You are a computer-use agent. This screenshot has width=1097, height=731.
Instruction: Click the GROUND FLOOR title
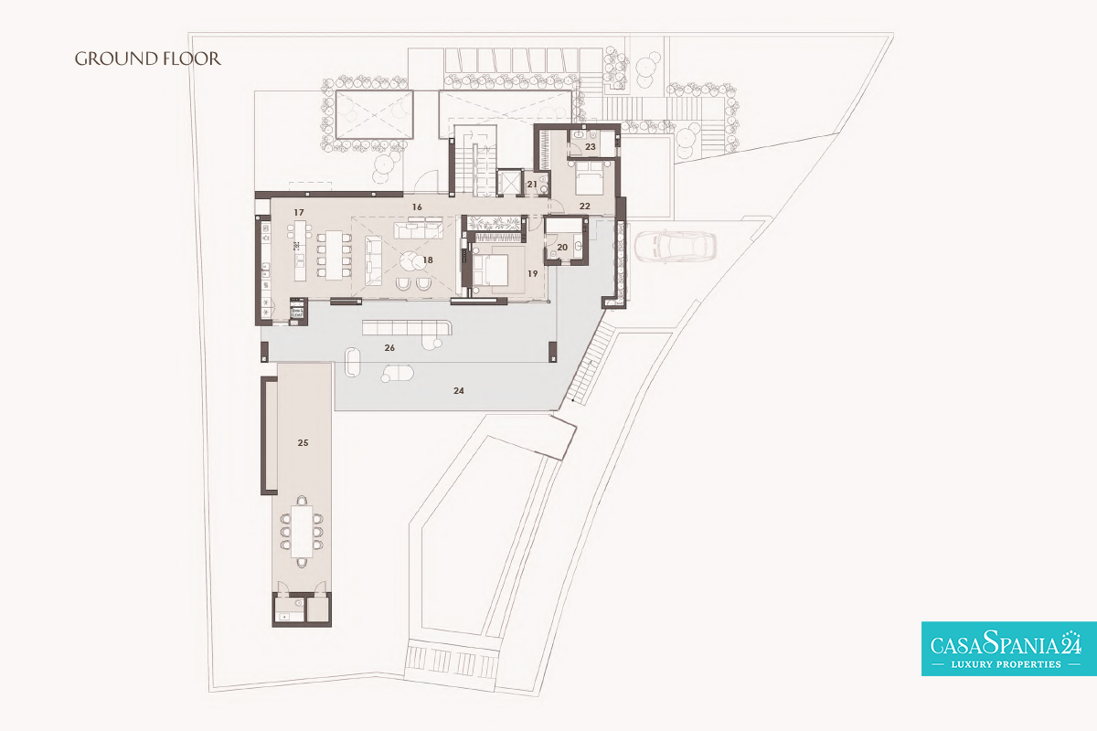(x=147, y=58)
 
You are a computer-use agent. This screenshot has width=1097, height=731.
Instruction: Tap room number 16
(x=417, y=207)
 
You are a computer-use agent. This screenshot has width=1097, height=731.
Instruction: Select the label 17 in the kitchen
(x=299, y=213)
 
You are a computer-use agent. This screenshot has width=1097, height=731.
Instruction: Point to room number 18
(x=428, y=260)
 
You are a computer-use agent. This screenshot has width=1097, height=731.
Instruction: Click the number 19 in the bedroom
(x=532, y=274)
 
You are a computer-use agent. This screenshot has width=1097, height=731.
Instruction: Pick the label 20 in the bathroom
(x=562, y=248)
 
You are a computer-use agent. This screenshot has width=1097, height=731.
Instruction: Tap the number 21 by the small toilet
(x=532, y=185)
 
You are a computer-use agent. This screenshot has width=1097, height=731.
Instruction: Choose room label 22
(x=585, y=207)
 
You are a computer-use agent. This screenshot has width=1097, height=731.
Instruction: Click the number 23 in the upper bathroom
(x=591, y=146)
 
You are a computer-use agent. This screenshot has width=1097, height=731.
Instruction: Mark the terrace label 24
(x=458, y=391)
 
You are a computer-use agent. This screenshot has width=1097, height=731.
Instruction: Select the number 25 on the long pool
(x=303, y=442)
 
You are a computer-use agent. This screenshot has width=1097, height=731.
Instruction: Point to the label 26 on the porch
(x=389, y=347)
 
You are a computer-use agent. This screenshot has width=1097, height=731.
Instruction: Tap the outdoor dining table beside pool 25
(x=303, y=532)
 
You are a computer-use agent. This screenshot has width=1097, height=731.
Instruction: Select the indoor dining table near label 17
(x=335, y=255)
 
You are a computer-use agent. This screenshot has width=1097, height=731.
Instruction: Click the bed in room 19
(x=491, y=270)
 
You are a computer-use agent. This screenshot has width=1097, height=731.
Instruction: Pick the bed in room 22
(x=589, y=179)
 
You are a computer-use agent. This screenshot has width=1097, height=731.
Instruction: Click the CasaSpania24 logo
(x=1009, y=649)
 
